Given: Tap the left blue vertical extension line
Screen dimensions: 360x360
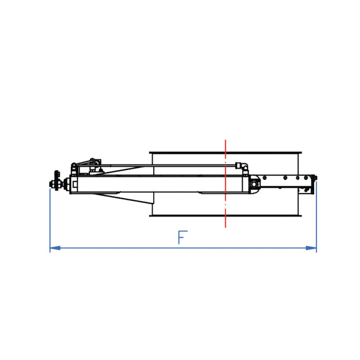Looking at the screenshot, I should point(50,217).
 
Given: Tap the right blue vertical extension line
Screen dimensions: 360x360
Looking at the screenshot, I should point(317,217).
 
